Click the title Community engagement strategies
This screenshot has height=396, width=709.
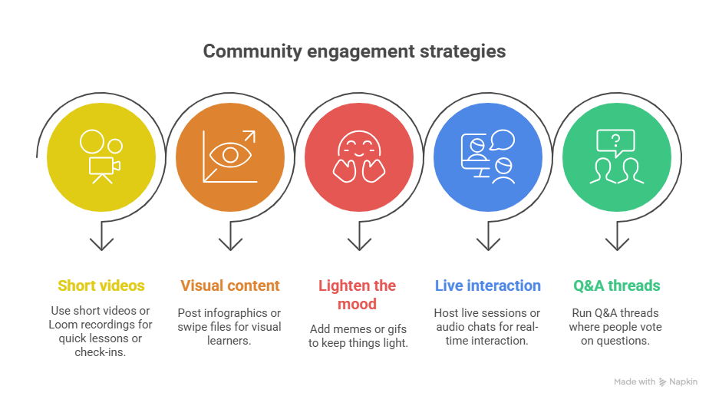(354, 52)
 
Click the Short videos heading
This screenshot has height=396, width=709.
(101, 285)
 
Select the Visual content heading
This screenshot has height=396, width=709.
(230, 285)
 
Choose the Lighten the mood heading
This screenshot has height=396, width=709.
(358, 294)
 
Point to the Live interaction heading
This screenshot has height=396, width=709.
(487, 285)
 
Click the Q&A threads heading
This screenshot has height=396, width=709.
(616, 285)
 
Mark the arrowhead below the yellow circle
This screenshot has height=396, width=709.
(101, 244)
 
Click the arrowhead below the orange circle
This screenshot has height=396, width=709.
(230, 244)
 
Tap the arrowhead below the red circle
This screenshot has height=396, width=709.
(359, 244)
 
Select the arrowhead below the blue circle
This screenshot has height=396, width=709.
(488, 244)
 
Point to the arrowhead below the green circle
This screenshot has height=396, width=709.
(617, 244)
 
